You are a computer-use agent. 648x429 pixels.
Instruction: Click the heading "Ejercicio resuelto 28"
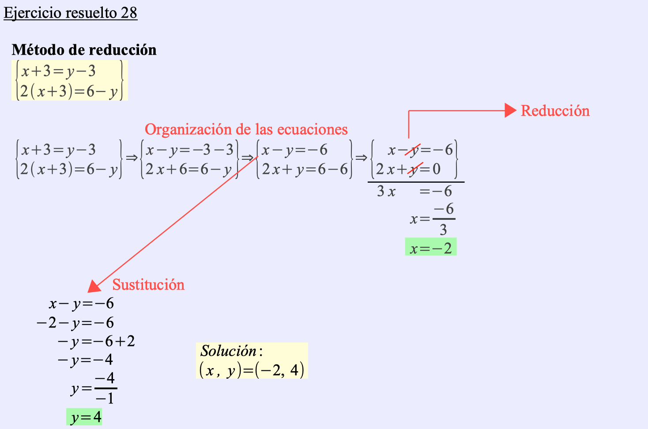pyautogui.click(x=70, y=13)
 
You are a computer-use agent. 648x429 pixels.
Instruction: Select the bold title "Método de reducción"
pyautogui.click(x=84, y=50)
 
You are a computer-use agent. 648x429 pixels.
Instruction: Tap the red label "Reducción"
pyautogui.click(x=555, y=111)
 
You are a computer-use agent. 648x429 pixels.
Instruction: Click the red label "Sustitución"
pyautogui.click(x=148, y=285)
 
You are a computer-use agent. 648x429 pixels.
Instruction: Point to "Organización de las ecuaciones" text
pyautogui.click(x=246, y=129)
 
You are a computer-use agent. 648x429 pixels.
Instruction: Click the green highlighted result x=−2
pyautogui.click(x=431, y=248)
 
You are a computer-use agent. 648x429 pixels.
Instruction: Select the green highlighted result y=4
pyautogui.click(x=85, y=417)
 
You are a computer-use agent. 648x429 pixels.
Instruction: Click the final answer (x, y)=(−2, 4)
pyautogui.click(x=252, y=370)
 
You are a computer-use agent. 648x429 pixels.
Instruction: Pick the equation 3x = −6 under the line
pyautogui.click(x=414, y=192)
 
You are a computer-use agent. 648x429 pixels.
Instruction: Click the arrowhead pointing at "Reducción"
pyautogui.click(x=510, y=110)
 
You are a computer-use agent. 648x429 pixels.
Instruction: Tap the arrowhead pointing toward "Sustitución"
pyautogui.click(x=94, y=286)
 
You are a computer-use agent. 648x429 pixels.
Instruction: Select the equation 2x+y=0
pyautogui.click(x=408, y=169)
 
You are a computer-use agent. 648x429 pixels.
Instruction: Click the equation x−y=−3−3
pyautogui.click(x=190, y=150)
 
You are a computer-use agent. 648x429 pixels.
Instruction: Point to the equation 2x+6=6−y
pyautogui.click(x=189, y=169)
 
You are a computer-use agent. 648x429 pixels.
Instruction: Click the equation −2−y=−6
pyautogui.click(x=75, y=323)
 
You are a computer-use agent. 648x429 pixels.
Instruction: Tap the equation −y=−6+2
pyautogui.click(x=96, y=342)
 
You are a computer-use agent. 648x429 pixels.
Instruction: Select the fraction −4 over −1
pyautogui.click(x=105, y=388)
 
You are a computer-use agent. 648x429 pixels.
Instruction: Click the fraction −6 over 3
pyautogui.click(x=443, y=219)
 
